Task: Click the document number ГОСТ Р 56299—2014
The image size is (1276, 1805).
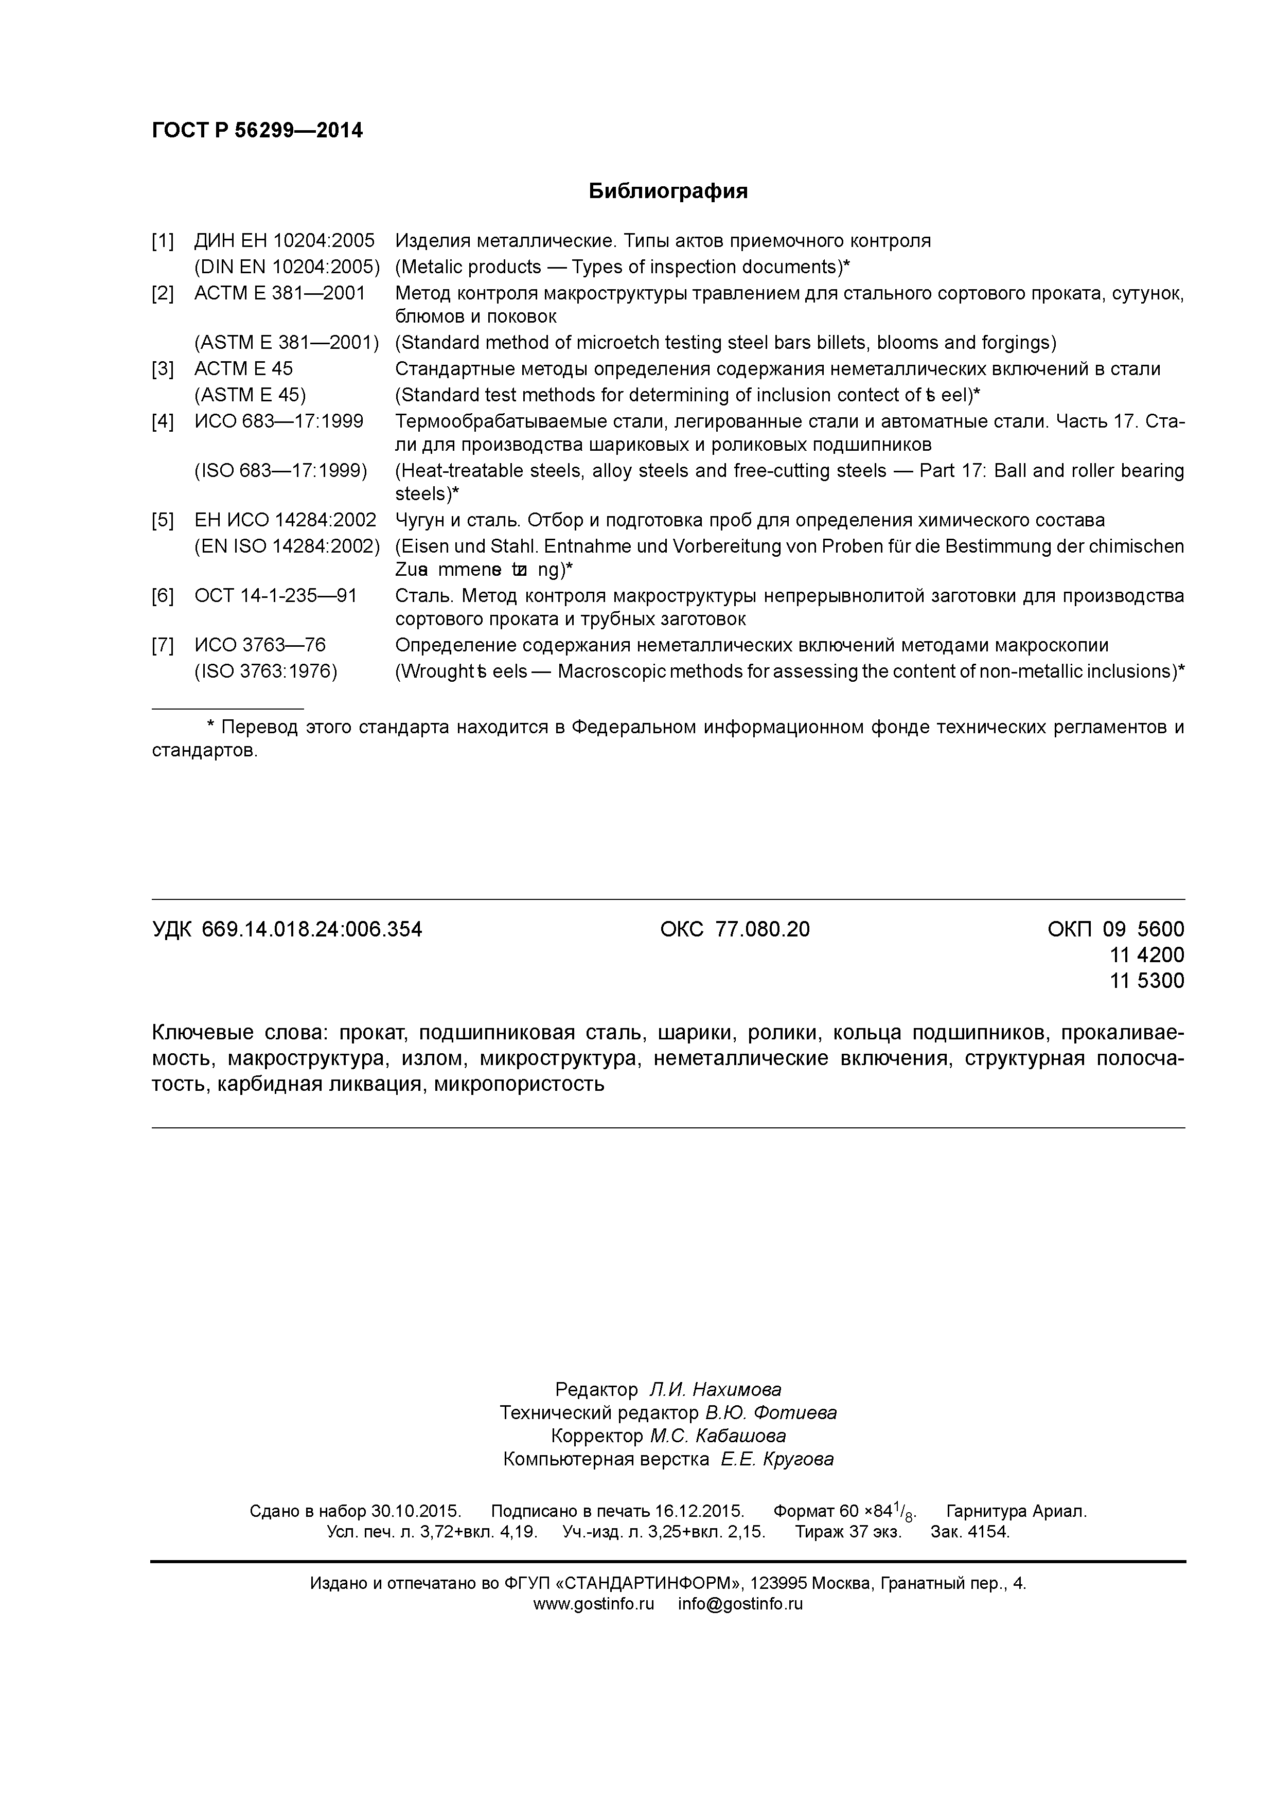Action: [257, 131]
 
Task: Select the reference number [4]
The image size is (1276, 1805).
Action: [163, 421]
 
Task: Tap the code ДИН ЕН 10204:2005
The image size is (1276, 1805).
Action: [285, 241]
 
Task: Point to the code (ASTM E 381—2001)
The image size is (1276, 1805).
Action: [286, 343]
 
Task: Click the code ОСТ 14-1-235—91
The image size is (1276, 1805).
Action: [275, 596]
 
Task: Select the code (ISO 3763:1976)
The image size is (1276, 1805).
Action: [265, 671]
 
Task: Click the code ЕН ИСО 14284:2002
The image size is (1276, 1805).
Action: [286, 520]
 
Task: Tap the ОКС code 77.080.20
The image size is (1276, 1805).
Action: [762, 929]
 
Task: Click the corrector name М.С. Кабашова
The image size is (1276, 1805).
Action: [717, 1436]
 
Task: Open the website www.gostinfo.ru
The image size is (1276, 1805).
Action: [594, 1604]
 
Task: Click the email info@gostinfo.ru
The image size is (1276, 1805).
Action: [740, 1604]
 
